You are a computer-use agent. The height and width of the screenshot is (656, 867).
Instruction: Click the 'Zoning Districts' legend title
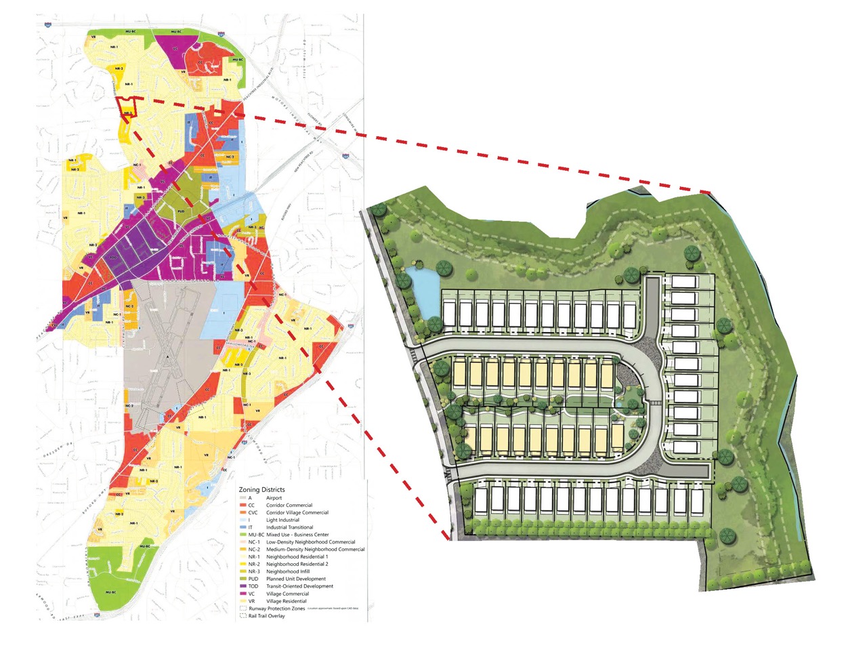261,489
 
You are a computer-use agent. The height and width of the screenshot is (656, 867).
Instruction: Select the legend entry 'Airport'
274,498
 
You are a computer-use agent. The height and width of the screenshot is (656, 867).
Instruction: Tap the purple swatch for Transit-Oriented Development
242,586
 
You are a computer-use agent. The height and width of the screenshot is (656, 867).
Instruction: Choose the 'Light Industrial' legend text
282,520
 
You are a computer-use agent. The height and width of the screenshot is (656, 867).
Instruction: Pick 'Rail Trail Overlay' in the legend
266,616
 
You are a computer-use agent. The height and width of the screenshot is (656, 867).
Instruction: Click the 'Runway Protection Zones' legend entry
276,609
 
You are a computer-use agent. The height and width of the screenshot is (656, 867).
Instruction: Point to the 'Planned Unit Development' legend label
295,579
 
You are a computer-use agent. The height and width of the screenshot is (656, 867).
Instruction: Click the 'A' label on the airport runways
167,356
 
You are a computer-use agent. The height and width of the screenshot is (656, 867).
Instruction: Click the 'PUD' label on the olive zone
181,211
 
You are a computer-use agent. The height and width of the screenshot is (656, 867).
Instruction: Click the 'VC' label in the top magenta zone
175,48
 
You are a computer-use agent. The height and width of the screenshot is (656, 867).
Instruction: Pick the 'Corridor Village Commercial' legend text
297,512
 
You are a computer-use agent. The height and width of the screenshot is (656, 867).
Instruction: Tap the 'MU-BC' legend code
256,535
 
